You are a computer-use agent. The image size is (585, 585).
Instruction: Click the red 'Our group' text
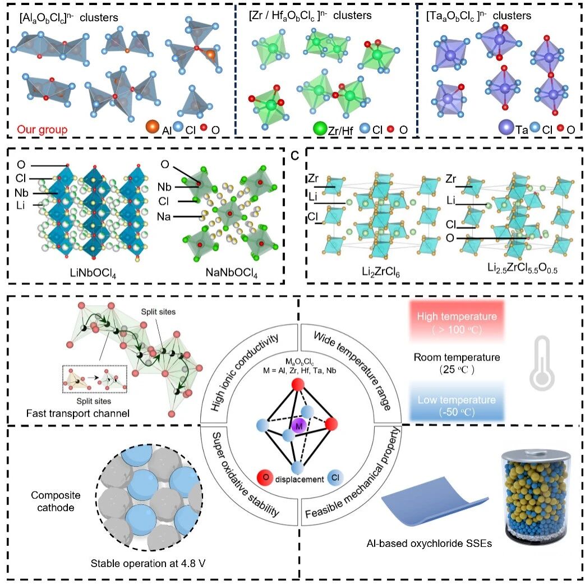click(43, 130)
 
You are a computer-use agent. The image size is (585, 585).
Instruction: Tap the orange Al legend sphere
click(153, 127)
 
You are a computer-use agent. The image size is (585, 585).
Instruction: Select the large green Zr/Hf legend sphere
click(320, 128)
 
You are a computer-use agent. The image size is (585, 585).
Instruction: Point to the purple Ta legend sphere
click(506, 127)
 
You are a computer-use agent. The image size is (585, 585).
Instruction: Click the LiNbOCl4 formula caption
click(93, 273)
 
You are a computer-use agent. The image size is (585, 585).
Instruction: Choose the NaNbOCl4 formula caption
click(231, 273)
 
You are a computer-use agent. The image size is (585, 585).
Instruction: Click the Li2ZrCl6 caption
click(380, 271)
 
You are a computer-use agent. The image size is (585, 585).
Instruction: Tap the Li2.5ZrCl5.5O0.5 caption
click(522, 268)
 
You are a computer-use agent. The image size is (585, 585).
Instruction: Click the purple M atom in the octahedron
click(298, 426)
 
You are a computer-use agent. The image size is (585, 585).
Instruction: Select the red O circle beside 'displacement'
click(265, 477)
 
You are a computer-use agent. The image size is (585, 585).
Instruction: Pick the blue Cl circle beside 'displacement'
click(335, 477)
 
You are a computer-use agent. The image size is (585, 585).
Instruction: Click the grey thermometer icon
click(542, 363)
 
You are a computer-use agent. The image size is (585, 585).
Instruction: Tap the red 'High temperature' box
click(457, 322)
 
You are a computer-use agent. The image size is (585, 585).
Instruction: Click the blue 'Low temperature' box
click(457, 406)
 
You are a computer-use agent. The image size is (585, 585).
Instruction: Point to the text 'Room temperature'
click(457, 357)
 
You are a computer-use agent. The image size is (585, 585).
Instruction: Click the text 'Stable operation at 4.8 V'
click(148, 563)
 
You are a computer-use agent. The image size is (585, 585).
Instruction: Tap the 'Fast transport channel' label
click(77, 413)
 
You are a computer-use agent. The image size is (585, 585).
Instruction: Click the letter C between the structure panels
click(294, 156)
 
